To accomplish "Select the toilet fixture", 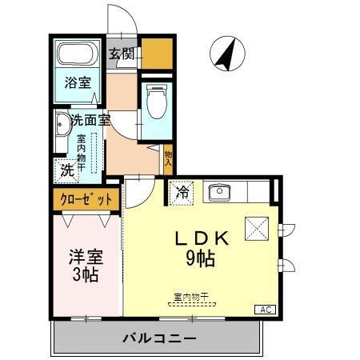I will [156, 101].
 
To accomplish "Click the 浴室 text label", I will [77, 82].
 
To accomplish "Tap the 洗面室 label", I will [90, 122].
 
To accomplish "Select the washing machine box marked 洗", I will [67, 170].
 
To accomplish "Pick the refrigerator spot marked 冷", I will [182, 193].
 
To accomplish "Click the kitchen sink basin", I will [218, 193].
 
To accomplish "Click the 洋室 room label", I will [86, 258].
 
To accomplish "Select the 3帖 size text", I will [85, 277].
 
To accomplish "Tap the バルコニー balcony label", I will [158, 338].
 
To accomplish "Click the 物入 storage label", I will [168, 158].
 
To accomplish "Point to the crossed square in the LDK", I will [255, 228].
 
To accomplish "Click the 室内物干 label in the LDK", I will [190, 297].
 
